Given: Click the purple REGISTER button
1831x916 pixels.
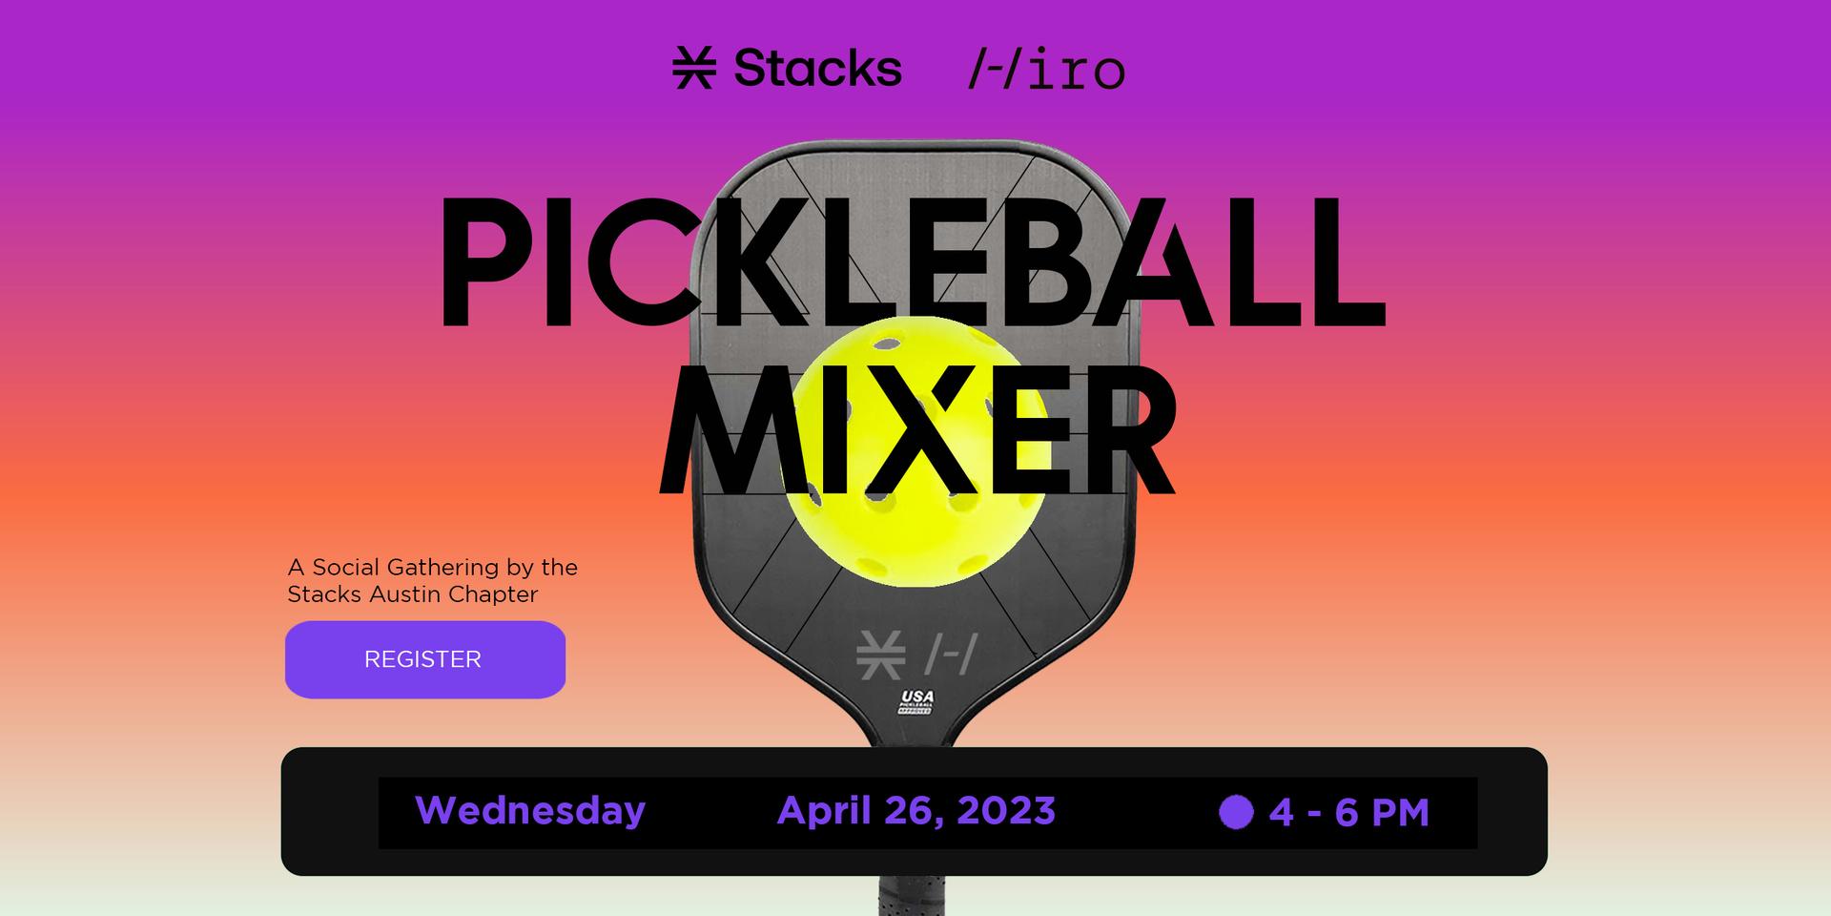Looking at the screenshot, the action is coord(425,659).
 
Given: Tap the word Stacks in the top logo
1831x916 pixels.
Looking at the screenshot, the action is coord(817,68).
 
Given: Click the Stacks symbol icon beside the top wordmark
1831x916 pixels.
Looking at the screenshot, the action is coord(694,69).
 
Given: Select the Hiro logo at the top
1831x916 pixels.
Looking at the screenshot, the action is coord(1046,69).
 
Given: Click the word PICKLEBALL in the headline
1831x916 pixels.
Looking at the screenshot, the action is coord(911,261).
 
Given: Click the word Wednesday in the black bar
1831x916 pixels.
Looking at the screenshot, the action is coord(530,811).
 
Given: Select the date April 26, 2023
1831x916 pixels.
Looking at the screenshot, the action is coord(916,811).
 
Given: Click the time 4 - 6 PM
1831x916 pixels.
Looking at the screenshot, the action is coord(1348,813).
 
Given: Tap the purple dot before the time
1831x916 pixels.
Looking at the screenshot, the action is coord(1236,812).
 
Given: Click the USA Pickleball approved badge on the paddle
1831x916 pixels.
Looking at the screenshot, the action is coord(916,702).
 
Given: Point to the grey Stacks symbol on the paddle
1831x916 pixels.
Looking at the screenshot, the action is coord(880,655).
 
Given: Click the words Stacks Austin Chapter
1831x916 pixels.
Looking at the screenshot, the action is coord(413,594).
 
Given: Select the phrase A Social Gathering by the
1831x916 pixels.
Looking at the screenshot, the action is coord(433,568).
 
